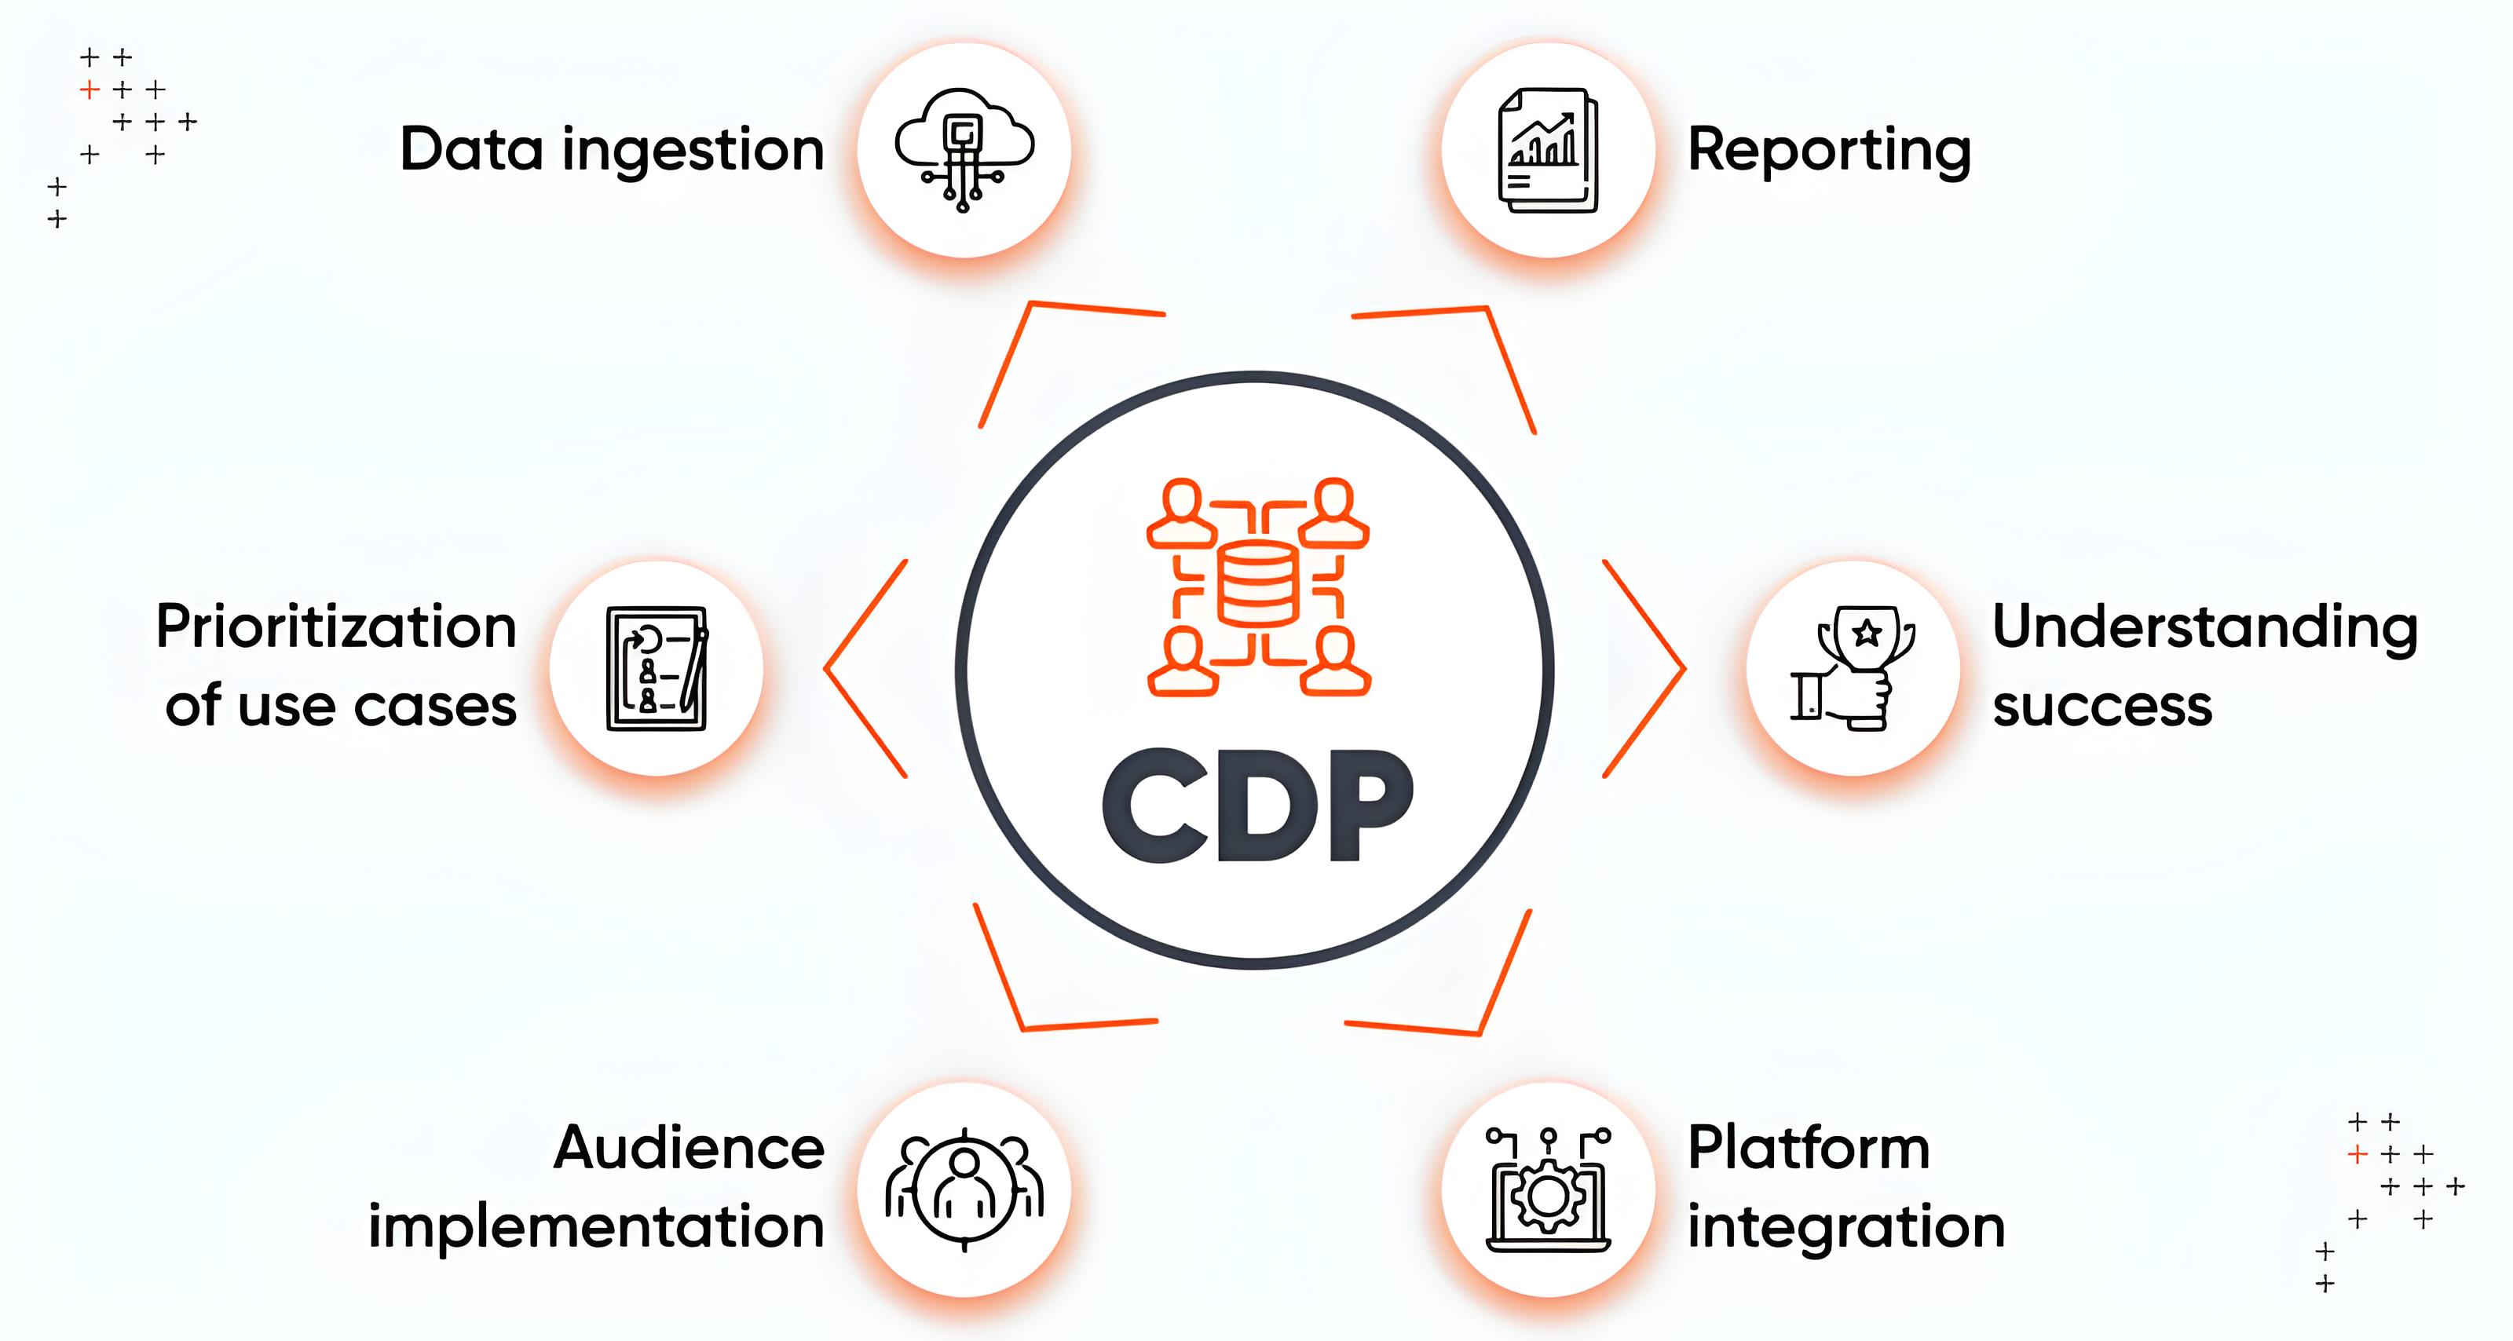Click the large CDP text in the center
click(1257, 806)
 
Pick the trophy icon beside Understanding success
click(1853, 668)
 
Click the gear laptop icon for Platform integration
click(1548, 1189)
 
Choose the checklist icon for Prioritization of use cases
click(657, 668)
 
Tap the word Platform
click(1809, 1148)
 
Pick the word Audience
click(689, 1148)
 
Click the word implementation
click(596, 1228)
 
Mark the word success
click(2102, 706)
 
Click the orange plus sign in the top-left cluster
click(90, 90)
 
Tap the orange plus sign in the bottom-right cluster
click(2358, 1155)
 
